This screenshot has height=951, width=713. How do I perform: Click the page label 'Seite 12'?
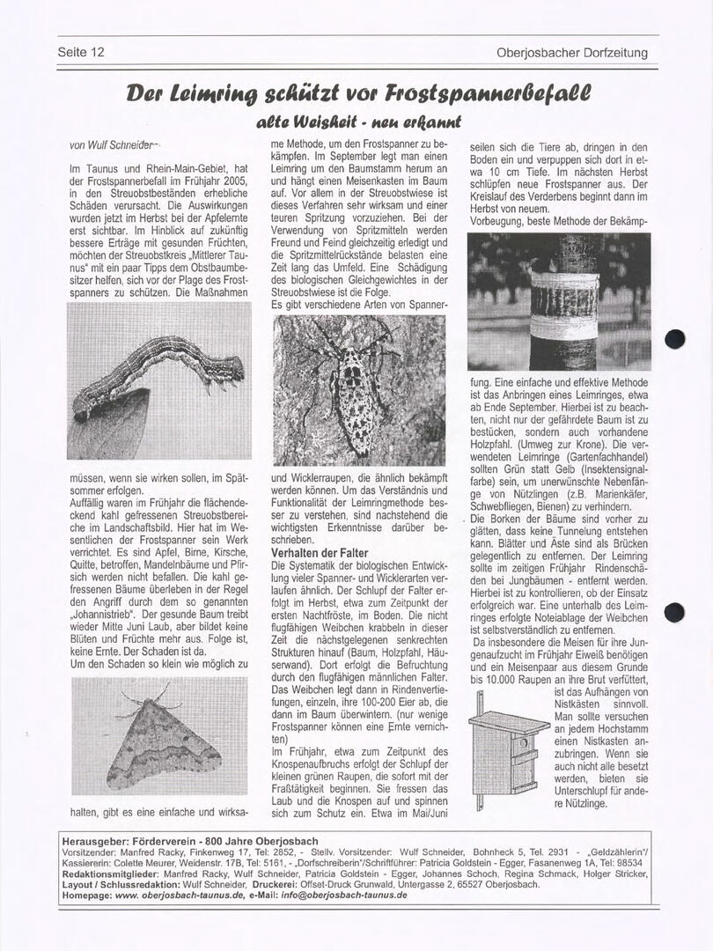point(81,52)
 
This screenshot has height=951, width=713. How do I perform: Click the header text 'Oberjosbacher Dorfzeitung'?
point(572,53)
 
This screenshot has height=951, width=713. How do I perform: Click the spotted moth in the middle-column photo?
point(348,387)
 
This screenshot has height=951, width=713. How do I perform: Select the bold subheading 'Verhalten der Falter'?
point(320,552)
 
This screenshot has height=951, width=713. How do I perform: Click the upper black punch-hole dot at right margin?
point(675,339)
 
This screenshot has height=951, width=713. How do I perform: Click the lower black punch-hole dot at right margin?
point(675,613)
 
